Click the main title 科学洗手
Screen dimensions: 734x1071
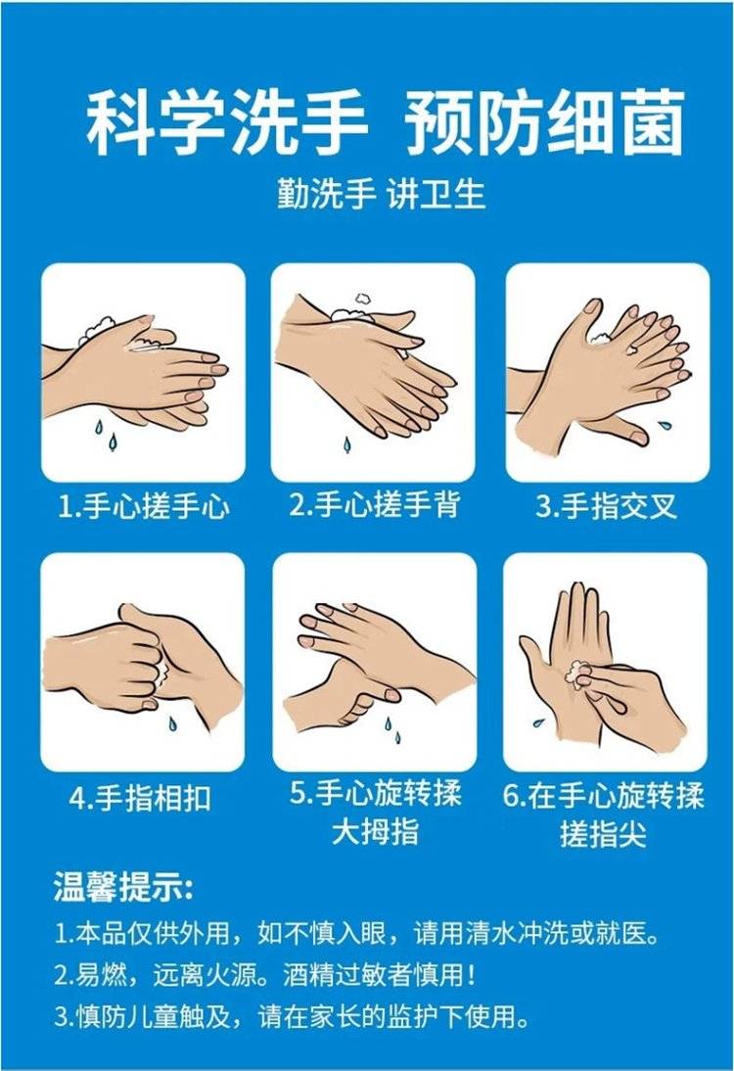click(227, 123)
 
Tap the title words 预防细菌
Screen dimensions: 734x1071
click(544, 123)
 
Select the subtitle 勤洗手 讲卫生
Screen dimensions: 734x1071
click(381, 193)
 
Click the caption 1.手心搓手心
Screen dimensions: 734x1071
click(144, 507)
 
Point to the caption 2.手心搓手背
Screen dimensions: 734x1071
click(375, 505)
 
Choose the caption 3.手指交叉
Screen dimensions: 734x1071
click(607, 506)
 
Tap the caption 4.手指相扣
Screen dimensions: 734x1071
click(141, 797)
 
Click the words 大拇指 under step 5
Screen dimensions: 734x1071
click(375, 832)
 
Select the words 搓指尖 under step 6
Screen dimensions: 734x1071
click(603, 833)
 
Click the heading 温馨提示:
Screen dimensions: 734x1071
click(123, 887)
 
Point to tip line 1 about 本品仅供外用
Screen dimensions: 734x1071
click(357, 934)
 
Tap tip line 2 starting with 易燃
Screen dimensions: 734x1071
click(265, 975)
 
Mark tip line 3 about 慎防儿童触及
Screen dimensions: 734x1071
click(292, 1016)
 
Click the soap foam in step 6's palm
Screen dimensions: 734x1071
click(577, 673)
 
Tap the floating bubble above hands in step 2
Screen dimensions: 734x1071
click(362, 299)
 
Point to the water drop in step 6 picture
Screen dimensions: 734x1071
click(538, 722)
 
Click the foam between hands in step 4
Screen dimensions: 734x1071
click(161, 670)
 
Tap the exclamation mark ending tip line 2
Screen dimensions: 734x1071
click(470, 975)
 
